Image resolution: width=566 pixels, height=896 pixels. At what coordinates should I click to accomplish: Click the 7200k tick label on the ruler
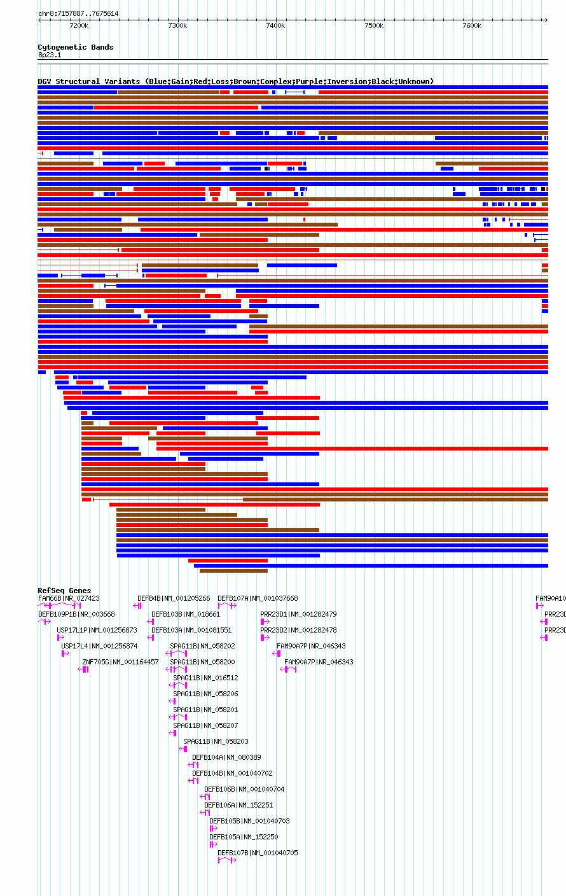[x=79, y=25]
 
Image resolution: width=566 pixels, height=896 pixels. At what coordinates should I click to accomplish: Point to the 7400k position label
[x=275, y=25]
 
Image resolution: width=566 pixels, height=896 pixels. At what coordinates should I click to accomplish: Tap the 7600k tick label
[x=472, y=25]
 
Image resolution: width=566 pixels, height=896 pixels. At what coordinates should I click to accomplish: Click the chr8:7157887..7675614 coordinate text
[x=78, y=13]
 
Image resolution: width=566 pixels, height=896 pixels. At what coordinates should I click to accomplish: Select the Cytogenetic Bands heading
[x=75, y=47]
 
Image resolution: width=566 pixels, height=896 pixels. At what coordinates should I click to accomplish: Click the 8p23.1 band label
[x=50, y=55]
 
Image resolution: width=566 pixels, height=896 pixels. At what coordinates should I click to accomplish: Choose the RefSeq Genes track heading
[x=64, y=591]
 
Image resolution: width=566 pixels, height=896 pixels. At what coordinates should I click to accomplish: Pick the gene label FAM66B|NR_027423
[x=69, y=598]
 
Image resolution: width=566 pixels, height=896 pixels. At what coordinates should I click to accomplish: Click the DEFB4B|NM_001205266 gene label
[x=174, y=598]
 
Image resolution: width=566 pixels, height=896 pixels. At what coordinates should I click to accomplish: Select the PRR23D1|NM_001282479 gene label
[x=298, y=614]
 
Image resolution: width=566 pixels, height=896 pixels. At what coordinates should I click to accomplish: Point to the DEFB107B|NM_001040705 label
[x=258, y=853]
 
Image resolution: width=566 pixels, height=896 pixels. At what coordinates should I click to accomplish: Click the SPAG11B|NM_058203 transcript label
[x=216, y=741]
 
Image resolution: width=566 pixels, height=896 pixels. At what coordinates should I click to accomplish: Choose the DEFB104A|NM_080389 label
[x=226, y=757]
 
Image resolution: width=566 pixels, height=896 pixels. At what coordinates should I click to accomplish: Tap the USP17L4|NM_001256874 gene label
[x=99, y=646]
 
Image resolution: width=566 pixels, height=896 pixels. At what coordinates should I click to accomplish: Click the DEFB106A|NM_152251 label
[x=238, y=805]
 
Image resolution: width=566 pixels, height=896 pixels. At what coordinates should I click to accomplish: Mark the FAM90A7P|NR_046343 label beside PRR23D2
[x=311, y=646]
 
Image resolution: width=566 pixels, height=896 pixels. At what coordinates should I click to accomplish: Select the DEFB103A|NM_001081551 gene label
[x=191, y=630]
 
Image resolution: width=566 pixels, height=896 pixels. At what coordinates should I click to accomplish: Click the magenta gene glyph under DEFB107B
[x=227, y=860]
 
